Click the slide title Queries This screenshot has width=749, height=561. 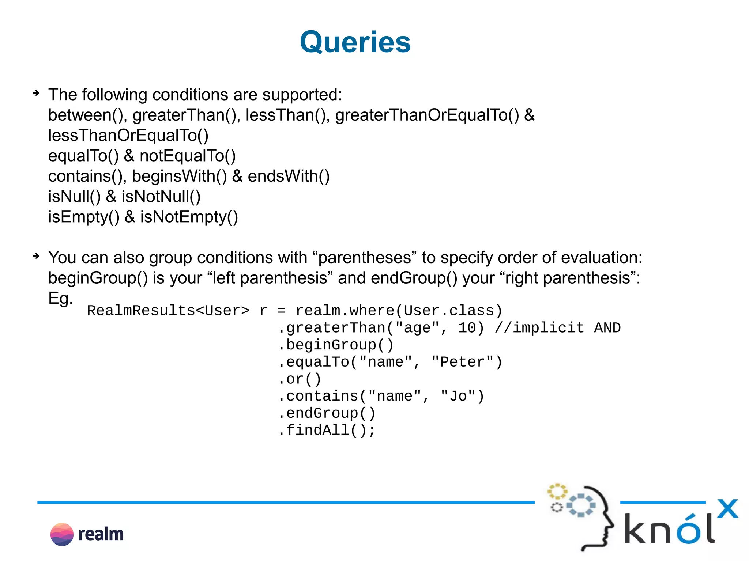click(355, 42)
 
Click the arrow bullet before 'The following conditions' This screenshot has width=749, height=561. click(36, 93)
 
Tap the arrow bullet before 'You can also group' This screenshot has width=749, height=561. click(36, 256)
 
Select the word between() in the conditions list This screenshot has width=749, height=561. click(87, 115)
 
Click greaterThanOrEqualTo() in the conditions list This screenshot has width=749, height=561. click(427, 115)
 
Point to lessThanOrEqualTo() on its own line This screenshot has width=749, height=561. click(128, 136)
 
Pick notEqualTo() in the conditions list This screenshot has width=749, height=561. click(188, 156)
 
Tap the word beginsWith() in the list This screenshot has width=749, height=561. click(179, 177)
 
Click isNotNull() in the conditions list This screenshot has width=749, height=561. click(161, 197)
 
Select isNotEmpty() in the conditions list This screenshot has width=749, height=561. click(189, 217)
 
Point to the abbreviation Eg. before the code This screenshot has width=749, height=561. click(61, 299)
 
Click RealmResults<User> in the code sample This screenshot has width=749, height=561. click(168, 311)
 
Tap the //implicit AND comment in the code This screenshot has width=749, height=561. click(558, 328)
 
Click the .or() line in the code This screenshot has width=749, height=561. click(300, 379)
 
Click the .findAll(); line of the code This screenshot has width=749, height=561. click(327, 430)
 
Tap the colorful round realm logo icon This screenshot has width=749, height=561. click(62, 534)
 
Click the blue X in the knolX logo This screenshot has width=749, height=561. click(727, 509)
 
